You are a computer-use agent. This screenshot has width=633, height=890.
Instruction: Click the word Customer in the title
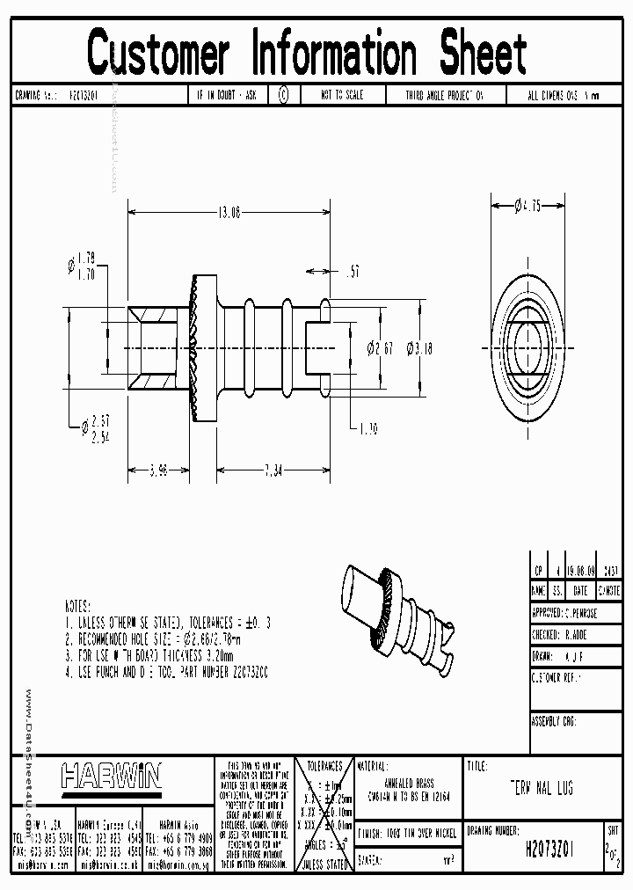(x=159, y=52)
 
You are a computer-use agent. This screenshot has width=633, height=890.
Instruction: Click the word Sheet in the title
(x=483, y=52)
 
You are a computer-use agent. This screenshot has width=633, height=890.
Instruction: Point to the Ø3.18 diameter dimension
(x=419, y=349)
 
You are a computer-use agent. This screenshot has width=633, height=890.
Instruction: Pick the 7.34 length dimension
(x=273, y=471)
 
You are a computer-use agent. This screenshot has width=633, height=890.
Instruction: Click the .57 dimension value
(x=353, y=273)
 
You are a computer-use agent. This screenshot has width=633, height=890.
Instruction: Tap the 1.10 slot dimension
(x=367, y=428)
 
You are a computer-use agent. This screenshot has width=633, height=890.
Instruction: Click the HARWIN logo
(x=112, y=776)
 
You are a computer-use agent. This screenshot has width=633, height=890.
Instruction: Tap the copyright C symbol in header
(x=283, y=95)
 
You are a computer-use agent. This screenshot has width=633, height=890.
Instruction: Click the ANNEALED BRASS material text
(x=409, y=783)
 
